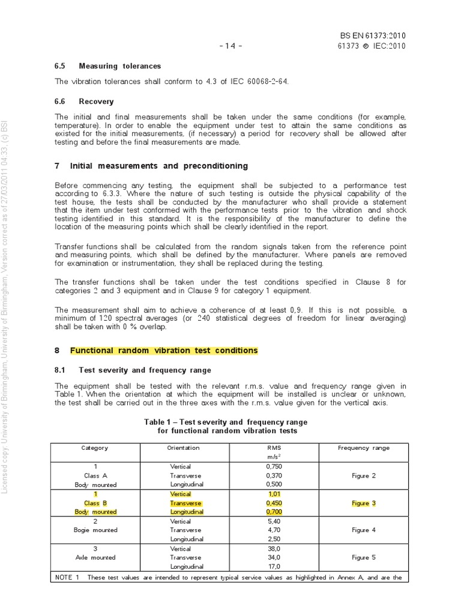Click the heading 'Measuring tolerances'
click(119, 66)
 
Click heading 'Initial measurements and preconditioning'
click(158, 165)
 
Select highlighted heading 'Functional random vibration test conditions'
click(164, 350)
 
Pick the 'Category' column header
click(95, 448)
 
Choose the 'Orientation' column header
click(183, 448)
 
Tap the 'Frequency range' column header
click(364, 448)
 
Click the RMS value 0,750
click(273, 466)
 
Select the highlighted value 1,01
click(273, 494)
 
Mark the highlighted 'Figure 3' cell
click(364, 503)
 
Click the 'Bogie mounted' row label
click(95, 530)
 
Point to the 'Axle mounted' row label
click(95, 557)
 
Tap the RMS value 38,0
click(273, 548)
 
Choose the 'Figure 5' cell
click(364, 557)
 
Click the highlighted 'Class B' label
click(95, 503)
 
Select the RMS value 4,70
click(273, 530)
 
